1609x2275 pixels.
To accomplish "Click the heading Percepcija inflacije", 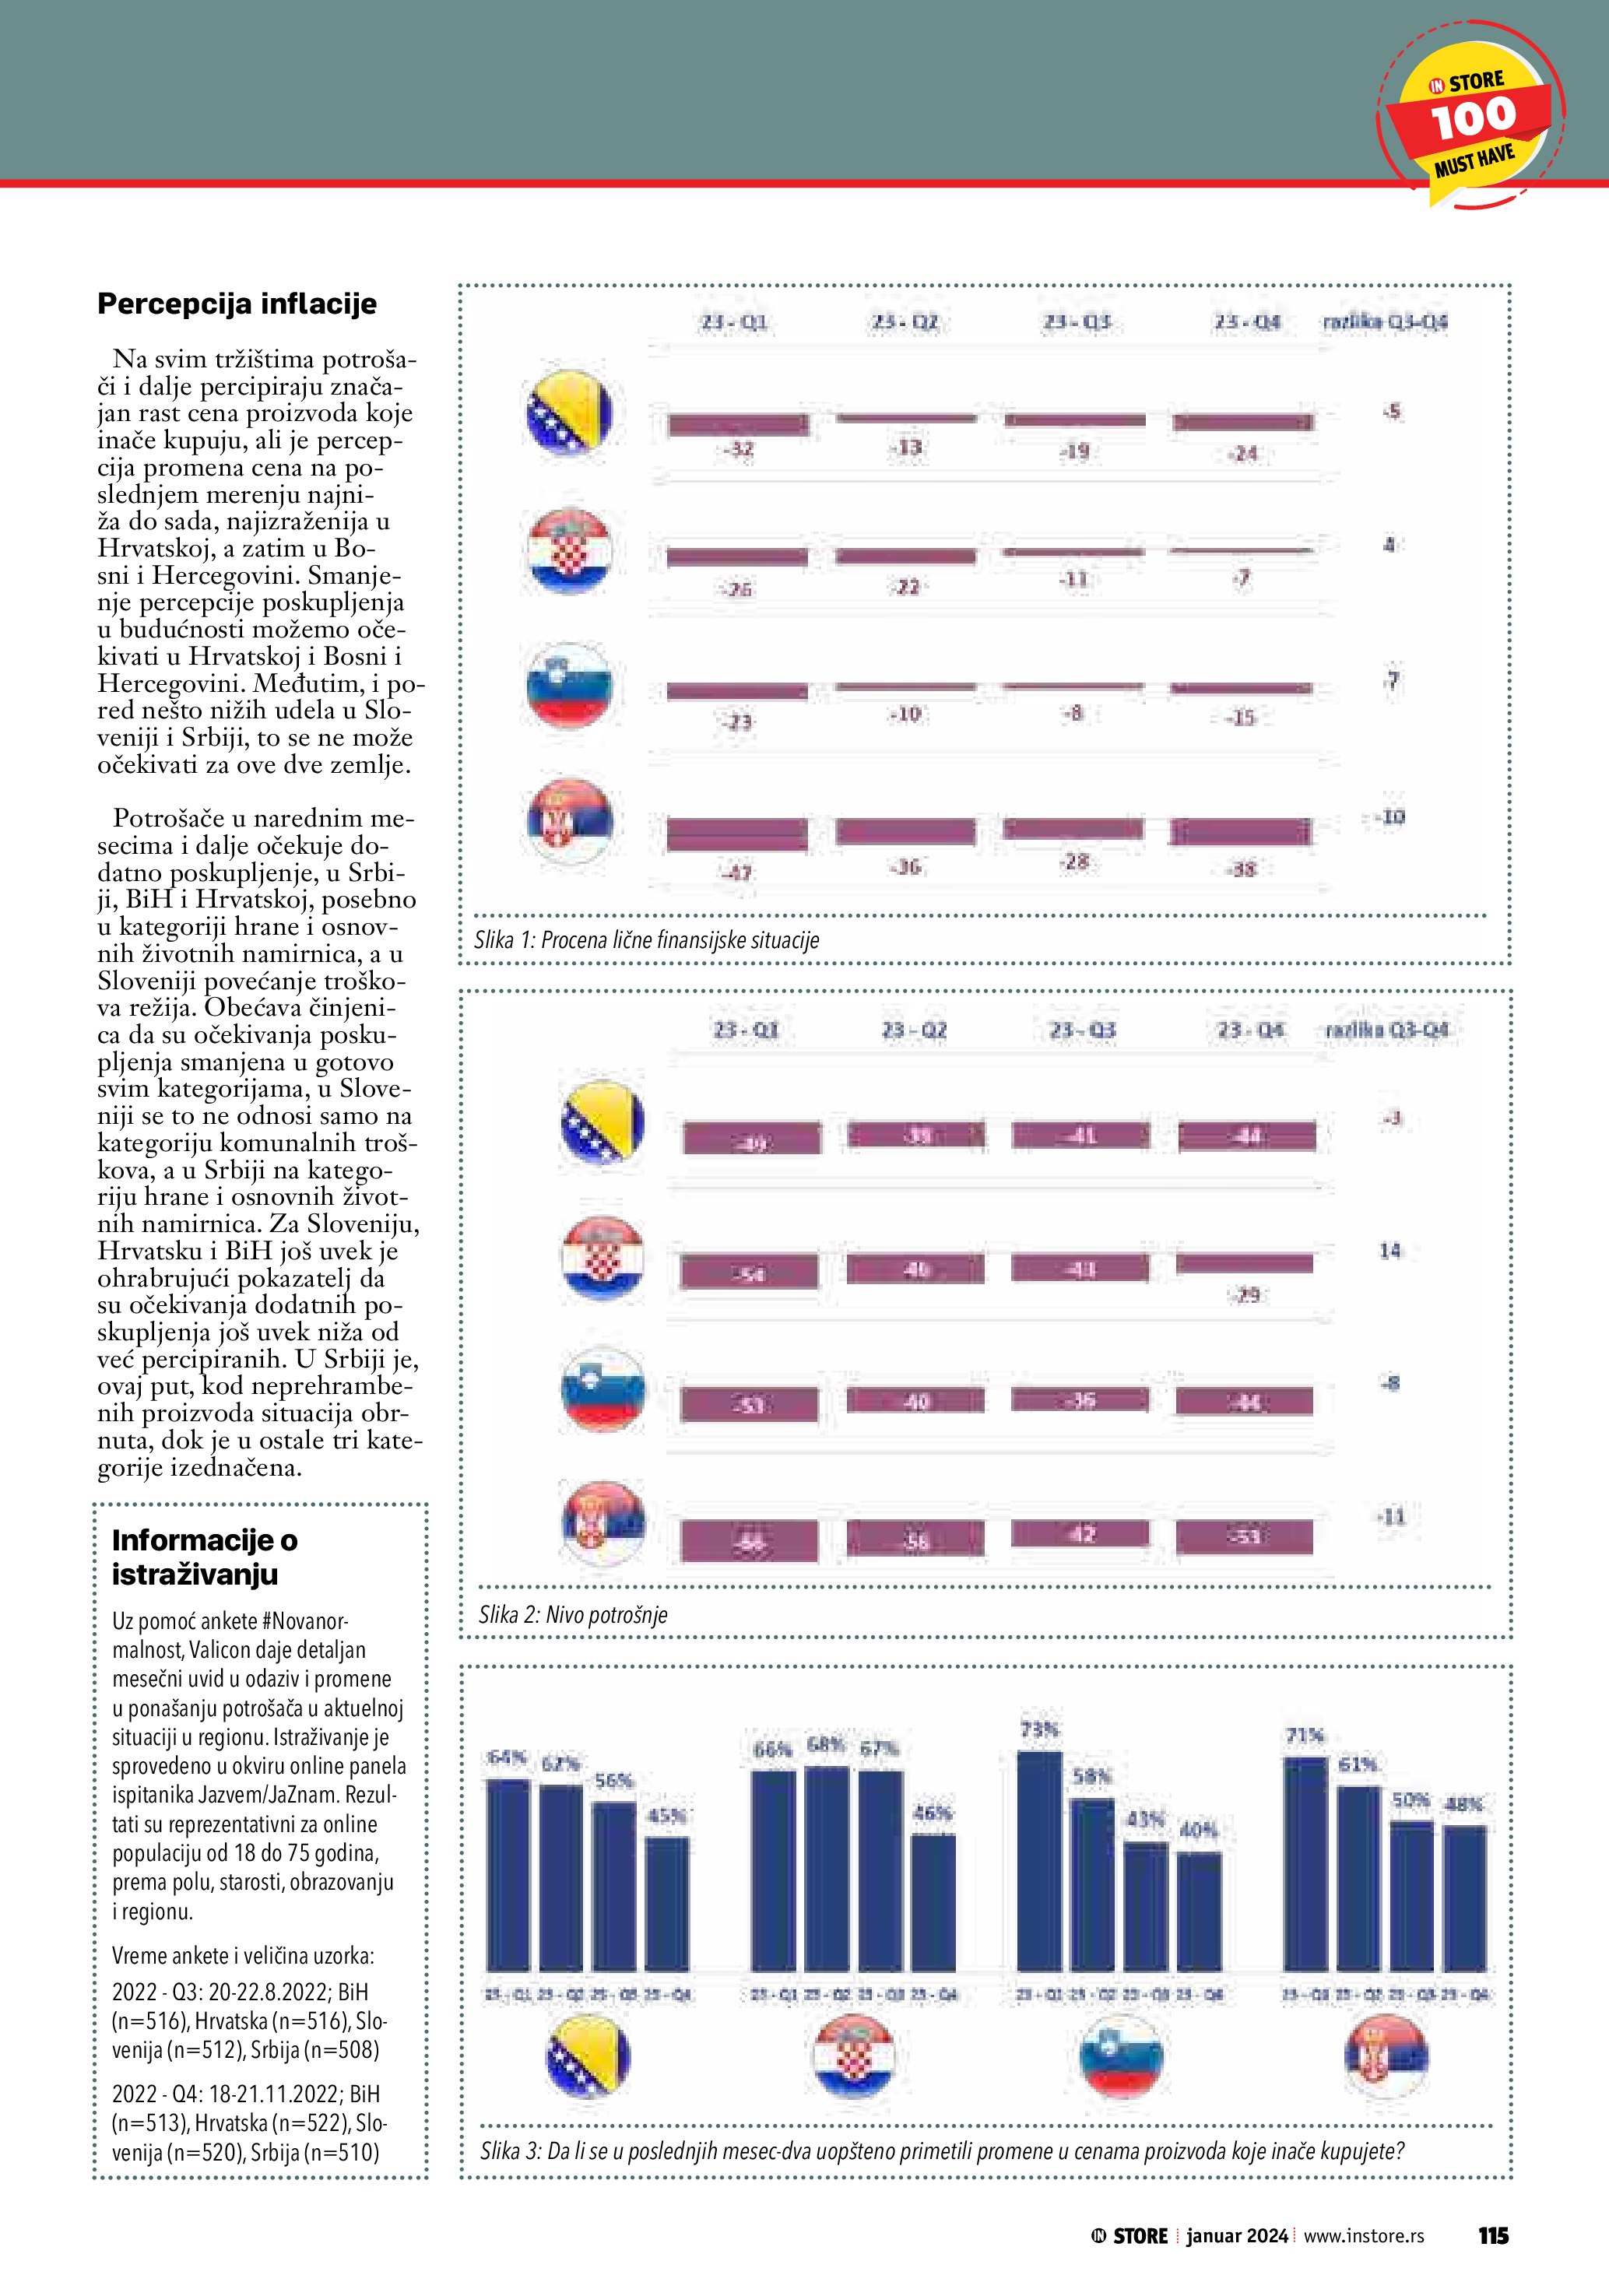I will (x=237, y=304).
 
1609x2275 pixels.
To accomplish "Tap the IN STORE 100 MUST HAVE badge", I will (x=1472, y=118).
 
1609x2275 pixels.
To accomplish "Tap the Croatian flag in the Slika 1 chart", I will (x=569, y=551).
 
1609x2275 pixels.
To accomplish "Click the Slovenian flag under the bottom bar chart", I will (x=1121, y=2057).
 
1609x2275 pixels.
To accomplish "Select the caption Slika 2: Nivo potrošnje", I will (x=573, y=1614).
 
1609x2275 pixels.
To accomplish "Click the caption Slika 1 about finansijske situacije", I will (x=646, y=939).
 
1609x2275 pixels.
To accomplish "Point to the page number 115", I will (x=1492, y=2235).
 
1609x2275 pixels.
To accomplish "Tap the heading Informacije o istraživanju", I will (x=204, y=1557).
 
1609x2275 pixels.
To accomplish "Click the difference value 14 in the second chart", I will (x=1390, y=1251).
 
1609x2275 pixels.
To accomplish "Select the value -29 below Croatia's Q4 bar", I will (x=1246, y=1294).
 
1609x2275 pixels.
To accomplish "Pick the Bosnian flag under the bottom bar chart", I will (x=588, y=2057).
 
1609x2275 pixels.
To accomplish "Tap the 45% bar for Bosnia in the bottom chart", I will (x=667, y=1904).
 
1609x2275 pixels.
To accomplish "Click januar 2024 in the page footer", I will (x=1236, y=2235).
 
